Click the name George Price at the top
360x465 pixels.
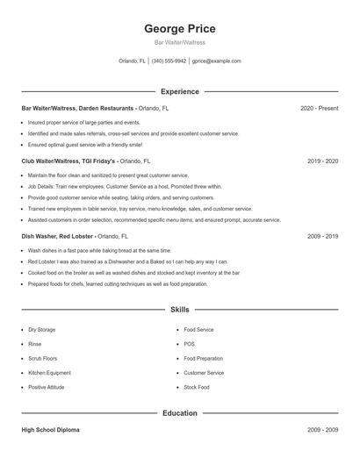point(179,29)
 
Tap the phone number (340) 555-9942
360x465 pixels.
point(169,61)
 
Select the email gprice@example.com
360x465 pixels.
point(216,61)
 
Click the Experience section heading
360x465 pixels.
point(179,91)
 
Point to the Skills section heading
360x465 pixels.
point(179,310)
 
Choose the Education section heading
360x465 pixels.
point(179,412)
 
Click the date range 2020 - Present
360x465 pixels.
point(319,108)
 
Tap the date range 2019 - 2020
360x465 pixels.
point(322,161)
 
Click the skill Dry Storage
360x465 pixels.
point(41,330)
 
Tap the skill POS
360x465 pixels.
point(189,344)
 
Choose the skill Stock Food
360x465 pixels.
point(197,387)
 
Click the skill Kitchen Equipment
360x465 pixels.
point(49,373)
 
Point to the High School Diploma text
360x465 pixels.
point(52,431)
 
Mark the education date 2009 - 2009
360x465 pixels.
point(322,431)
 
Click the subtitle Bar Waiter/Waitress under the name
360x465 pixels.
point(179,42)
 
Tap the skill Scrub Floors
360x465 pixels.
point(42,358)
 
